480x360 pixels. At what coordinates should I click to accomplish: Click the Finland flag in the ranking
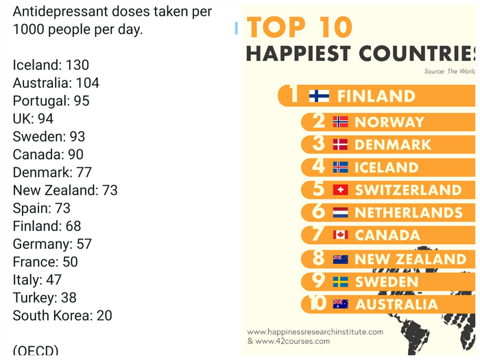pyautogui.click(x=319, y=96)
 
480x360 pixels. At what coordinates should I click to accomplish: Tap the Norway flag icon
pyautogui.click(x=340, y=122)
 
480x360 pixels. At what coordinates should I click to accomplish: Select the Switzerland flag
pyautogui.click(x=340, y=190)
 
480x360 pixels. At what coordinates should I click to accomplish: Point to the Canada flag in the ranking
pyautogui.click(x=340, y=235)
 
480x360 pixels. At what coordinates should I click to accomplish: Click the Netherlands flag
pyautogui.click(x=340, y=213)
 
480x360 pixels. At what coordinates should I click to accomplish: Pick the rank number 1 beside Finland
pyautogui.click(x=294, y=95)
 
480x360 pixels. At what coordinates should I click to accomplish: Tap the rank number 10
pyautogui.click(x=316, y=303)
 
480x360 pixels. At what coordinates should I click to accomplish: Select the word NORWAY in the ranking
pyautogui.click(x=389, y=123)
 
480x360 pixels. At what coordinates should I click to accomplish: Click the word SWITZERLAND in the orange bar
pyautogui.click(x=408, y=190)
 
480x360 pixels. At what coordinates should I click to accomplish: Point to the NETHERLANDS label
pyautogui.click(x=409, y=213)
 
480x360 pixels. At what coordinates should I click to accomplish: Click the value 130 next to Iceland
pyautogui.click(x=77, y=65)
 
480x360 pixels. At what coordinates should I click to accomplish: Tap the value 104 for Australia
pyautogui.click(x=87, y=83)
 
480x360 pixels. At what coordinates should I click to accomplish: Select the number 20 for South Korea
pyautogui.click(x=104, y=315)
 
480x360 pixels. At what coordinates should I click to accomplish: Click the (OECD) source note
pyautogui.click(x=36, y=349)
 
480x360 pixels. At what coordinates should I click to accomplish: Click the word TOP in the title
pyautogui.click(x=274, y=27)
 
